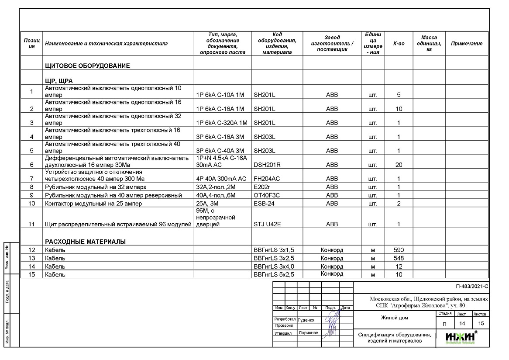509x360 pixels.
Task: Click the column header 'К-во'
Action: click(399, 44)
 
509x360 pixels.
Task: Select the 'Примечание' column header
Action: click(467, 44)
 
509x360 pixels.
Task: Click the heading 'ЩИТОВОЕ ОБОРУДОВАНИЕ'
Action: click(87, 66)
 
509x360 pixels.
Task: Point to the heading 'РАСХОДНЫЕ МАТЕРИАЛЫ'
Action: click(85, 241)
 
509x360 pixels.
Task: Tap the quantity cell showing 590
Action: click(399, 250)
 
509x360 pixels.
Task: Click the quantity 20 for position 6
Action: click(399, 165)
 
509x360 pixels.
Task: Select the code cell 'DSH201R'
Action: click(267, 165)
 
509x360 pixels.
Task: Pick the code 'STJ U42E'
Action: click(267, 225)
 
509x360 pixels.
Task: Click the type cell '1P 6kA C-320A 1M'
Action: click(222, 123)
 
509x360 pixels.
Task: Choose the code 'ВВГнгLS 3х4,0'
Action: click(274, 267)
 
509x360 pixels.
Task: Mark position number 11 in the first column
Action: click(31, 225)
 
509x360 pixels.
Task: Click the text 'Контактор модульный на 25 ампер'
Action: click(93, 204)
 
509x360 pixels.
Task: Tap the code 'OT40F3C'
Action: click(267, 195)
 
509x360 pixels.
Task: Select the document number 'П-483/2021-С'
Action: click(471, 287)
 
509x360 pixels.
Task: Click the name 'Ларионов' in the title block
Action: click(308, 333)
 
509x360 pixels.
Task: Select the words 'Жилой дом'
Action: click(394, 318)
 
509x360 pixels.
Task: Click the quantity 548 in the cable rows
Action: click(399, 258)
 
